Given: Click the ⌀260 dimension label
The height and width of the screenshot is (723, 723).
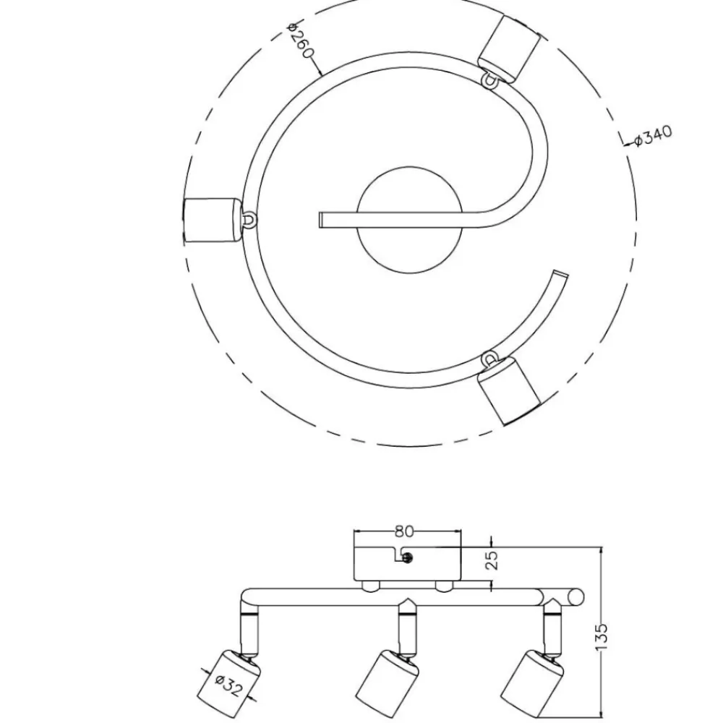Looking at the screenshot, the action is click(x=300, y=40).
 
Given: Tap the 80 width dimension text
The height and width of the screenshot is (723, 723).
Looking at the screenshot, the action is click(x=404, y=531).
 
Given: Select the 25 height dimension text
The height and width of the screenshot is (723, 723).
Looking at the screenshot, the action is click(x=492, y=560).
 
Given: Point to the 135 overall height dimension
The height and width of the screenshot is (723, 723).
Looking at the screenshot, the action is click(x=602, y=637).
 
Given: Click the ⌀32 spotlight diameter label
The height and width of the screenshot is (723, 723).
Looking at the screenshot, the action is click(x=228, y=685).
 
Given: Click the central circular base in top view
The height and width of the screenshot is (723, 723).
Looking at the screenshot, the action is click(x=409, y=220).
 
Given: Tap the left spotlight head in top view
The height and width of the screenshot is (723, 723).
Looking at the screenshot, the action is click(x=212, y=221).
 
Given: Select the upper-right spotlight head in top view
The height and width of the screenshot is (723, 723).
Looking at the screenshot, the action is click(x=509, y=49).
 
